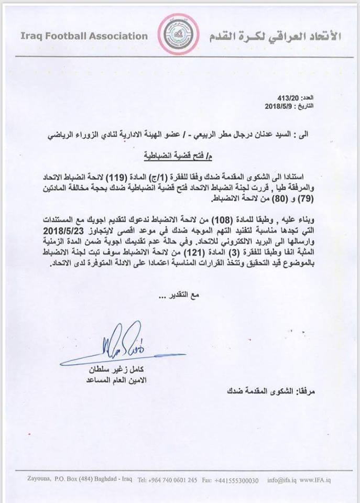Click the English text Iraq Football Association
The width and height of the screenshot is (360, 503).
coord(84,36)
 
